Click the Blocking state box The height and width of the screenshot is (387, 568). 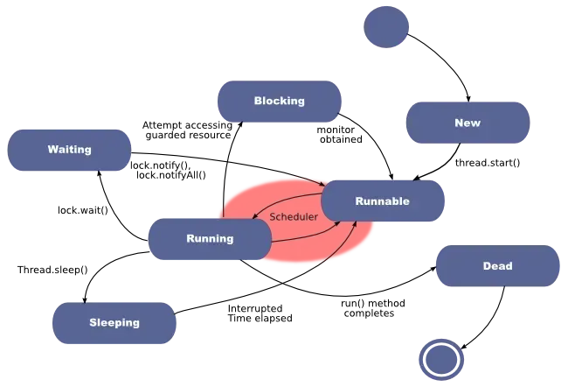280,102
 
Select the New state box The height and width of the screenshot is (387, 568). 468,123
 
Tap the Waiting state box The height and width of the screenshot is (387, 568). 69,150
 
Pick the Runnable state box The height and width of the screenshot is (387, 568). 383,201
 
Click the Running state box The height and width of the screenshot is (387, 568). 210,239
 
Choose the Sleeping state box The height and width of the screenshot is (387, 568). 114,323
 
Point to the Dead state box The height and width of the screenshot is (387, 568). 498,266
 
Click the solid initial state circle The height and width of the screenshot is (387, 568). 386,27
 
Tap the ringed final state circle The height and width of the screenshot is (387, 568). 441,359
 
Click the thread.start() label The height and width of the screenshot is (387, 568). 488,163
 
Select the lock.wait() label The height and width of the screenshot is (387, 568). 83,210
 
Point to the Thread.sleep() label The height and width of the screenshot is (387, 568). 52,270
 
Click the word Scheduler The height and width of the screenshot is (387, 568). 294,217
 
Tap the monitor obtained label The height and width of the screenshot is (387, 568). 339,135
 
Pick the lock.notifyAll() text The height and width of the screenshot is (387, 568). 171,175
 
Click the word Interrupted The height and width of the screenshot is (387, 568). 255,308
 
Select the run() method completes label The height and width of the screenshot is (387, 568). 373,308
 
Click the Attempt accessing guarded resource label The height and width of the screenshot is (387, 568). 187,130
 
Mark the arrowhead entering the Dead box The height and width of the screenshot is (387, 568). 433,269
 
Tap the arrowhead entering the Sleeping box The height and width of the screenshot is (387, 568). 85,299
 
